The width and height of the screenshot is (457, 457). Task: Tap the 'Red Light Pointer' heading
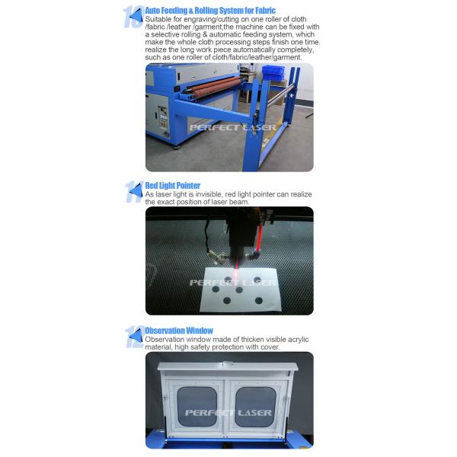(x=173, y=185)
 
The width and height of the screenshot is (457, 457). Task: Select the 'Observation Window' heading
(x=179, y=331)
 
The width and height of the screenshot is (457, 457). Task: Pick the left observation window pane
(x=197, y=405)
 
